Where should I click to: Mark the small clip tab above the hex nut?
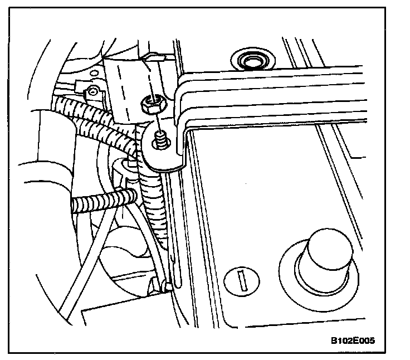153,56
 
